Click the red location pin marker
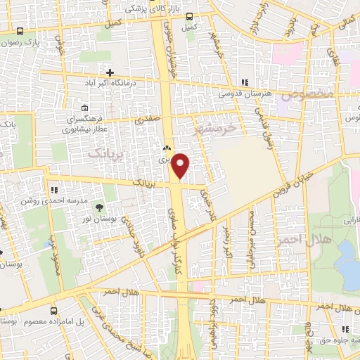pos(181,166)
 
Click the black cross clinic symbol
pos(110,72)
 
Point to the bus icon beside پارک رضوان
pos(20,32)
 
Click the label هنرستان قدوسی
pos(243,93)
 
